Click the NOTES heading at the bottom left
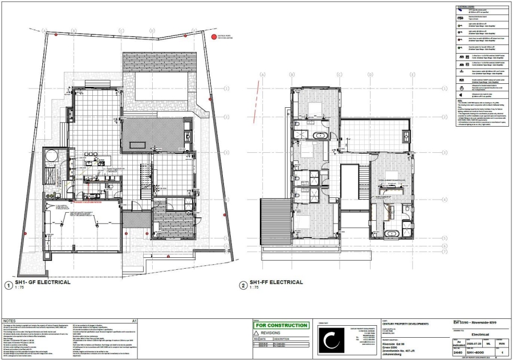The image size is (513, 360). click(10, 321)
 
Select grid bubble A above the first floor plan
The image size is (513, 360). click(263, 75)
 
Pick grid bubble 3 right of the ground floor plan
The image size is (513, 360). click(226, 152)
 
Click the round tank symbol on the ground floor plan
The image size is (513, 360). click(53, 155)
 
